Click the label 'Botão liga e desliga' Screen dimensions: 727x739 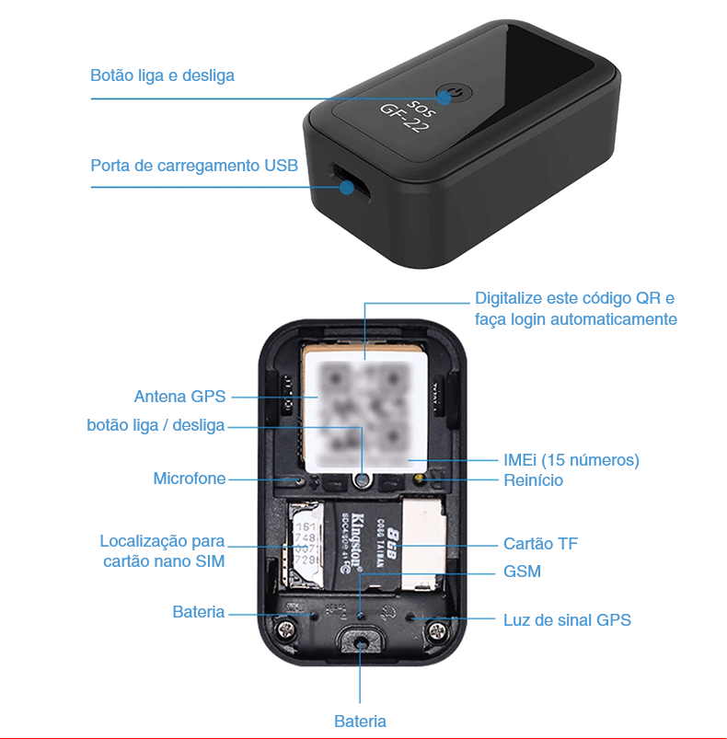pyautogui.click(x=162, y=75)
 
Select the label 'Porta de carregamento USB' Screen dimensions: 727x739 pyautogui.click(x=194, y=166)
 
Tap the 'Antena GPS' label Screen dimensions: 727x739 pyautogui.click(x=179, y=397)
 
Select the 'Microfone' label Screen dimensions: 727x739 pyautogui.click(x=189, y=479)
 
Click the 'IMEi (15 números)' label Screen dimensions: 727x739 pyautogui.click(x=571, y=459)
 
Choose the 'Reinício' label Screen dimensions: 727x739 pyautogui.click(x=533, y=480)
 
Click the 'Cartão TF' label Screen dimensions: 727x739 pyautogui.click(x=540, y=544)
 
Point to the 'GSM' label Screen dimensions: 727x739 pyautogui.click(x=522, y=572)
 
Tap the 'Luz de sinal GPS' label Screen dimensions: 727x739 pyautogui.click(x=567, y=619)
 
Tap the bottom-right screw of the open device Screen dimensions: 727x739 pyautogui.click(x=437, y=631)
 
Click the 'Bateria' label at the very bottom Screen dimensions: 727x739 pyautogui.click(x=360, y=722)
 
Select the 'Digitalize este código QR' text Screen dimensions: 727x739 pyautogui.click(x=575, y=298)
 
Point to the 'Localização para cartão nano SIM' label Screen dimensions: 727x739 pyautogui.click(x=163, y=550)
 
